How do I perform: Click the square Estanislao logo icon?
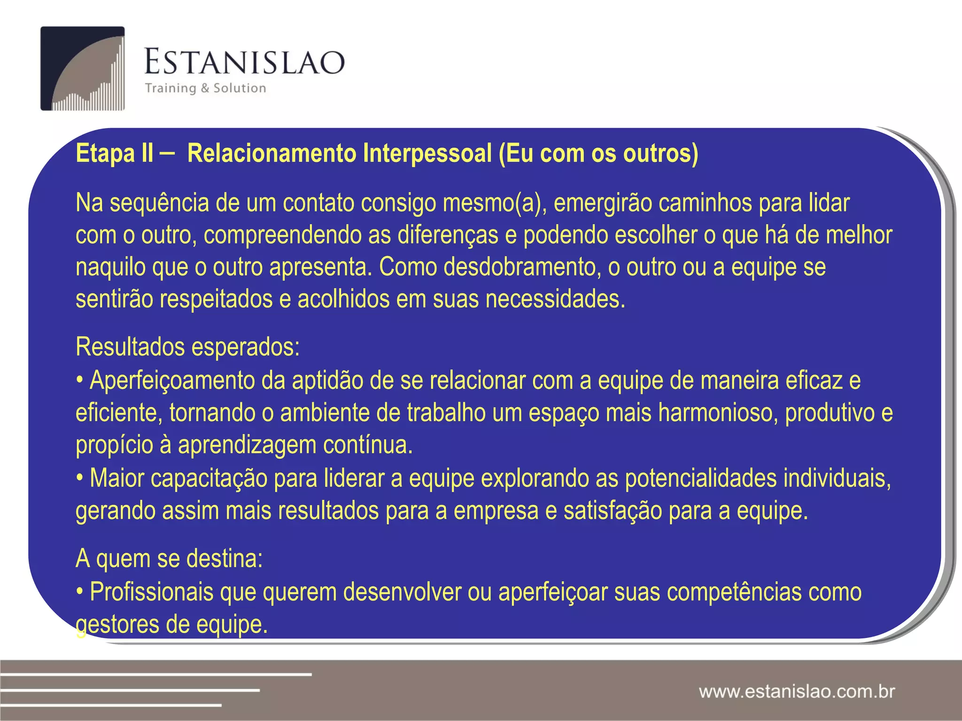pos(83,69)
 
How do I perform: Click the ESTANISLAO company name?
pos(244,62)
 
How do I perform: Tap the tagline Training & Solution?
pos(205,88)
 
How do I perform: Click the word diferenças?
pos(448,235)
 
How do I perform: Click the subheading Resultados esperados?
pos(187,347)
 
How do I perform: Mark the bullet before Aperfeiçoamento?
pos(80,381)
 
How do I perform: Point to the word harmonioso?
pos(717,413)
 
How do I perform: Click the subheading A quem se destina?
pos(169,559)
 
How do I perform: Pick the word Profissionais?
pos(151,592)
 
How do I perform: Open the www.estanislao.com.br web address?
pos(797,691)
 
